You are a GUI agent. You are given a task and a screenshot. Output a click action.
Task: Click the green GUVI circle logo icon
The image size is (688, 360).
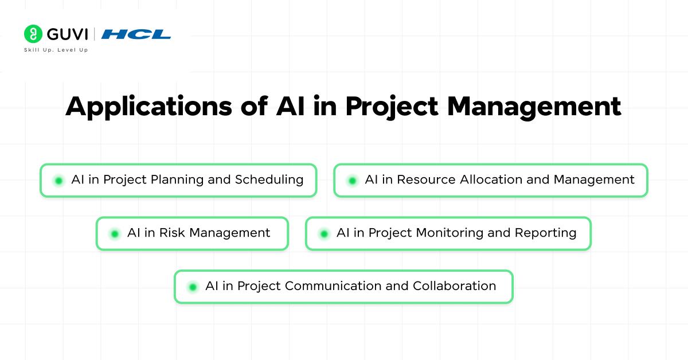pyautogui.click(x=33, y=34)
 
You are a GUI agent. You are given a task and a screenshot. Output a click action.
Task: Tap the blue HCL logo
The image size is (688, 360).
pyautogui.click(x=136, y=34)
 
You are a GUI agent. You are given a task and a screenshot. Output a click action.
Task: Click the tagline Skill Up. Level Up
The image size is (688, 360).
pyautogui.click(x=56, y=50)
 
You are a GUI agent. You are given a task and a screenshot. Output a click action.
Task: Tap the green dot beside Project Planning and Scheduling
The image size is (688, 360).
pyautogui.click(x=58, y=181)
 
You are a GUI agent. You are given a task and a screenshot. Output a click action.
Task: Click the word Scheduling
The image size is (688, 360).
pyautogui.click(x=269, y=180)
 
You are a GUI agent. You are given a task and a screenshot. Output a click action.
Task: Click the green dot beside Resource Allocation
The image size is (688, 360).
pyautogui.click(x=352, y=181)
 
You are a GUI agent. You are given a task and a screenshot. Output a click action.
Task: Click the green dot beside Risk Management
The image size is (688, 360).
pyautogui.click(x=115, y=234)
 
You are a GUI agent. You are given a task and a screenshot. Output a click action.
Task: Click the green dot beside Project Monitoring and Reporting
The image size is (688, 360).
pyautogui.click(x=324, y=234)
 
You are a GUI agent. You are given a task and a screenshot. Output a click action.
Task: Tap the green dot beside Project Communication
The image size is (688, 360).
pyautogui.click(x=193, y=287)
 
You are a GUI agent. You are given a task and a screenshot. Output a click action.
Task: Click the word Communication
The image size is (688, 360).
pyautogui.click(x=333, y=286)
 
